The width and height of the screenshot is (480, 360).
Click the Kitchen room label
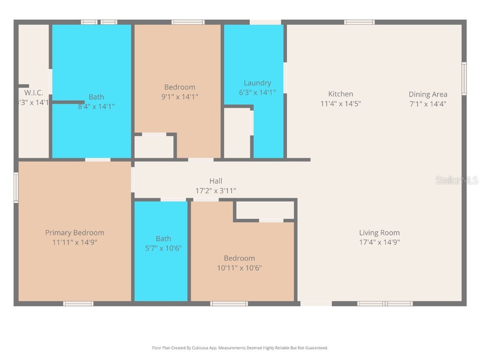[x=340, y=94]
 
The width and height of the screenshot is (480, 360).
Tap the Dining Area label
[x=427, y=94]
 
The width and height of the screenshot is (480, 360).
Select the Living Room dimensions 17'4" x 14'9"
[x=379, y=242]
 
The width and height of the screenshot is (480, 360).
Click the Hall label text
[x=216, y=181]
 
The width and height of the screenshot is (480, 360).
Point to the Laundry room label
[x=257, y=83]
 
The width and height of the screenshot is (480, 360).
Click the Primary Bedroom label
[x=75, y=232]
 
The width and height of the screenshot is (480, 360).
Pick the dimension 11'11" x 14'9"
[x=75, y=242]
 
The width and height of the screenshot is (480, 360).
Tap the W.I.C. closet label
[x=34, y=93]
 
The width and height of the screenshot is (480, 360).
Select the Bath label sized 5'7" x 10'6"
[x=163, y=239]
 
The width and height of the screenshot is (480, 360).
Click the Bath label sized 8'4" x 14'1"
[x=96, y=97]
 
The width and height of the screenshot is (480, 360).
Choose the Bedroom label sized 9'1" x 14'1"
[x=180, y=87]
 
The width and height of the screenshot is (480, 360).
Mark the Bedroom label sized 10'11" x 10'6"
[x=239, y=258]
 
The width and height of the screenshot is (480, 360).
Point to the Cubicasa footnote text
[x=240, y=348]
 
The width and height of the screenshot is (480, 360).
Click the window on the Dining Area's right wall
[x=464, y=79]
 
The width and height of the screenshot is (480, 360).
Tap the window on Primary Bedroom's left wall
[x=16, y=187]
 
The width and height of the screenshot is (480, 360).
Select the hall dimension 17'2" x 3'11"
[x=216, y=191]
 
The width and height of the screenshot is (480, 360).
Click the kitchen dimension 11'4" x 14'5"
[x=340, y=104]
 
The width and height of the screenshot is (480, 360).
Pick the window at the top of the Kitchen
[x=360, y=22]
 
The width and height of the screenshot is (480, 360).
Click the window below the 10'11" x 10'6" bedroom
[x=229, y=304]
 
